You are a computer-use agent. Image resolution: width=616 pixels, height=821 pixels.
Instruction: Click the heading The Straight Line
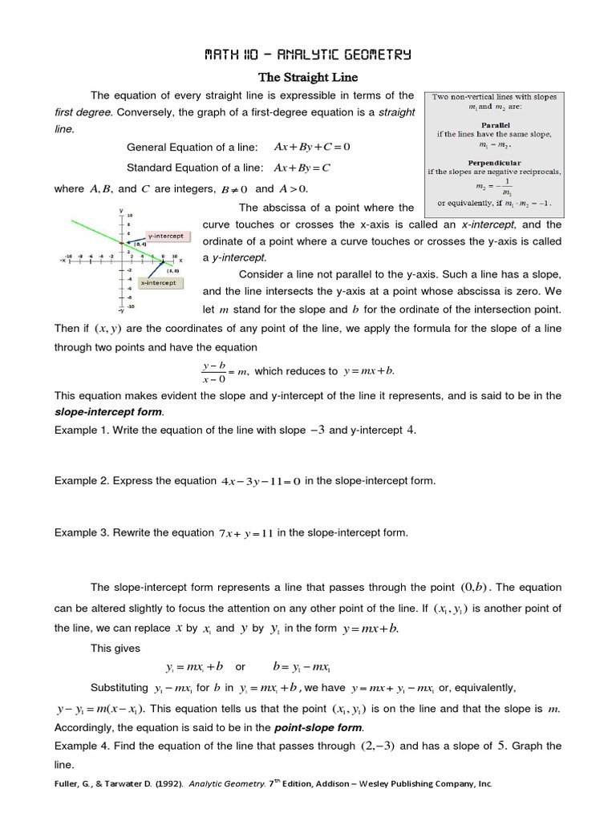tap(307, 77)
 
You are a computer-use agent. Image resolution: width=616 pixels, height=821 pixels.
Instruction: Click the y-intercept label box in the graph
tap(165, 236)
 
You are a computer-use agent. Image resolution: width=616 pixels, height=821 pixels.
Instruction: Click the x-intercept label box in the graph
tap(160, 282)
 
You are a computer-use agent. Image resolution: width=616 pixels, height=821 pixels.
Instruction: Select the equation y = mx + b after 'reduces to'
tap(370, 371)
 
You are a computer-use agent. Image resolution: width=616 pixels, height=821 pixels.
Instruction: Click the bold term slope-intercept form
tap(108, 412)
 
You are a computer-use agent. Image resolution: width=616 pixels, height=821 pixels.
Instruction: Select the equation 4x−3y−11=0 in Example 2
tap(261, 481)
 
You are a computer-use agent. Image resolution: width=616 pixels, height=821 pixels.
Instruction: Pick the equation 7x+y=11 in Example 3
tap(246, 532)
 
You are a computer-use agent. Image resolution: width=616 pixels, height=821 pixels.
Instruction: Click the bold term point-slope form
tap(318, 728)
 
